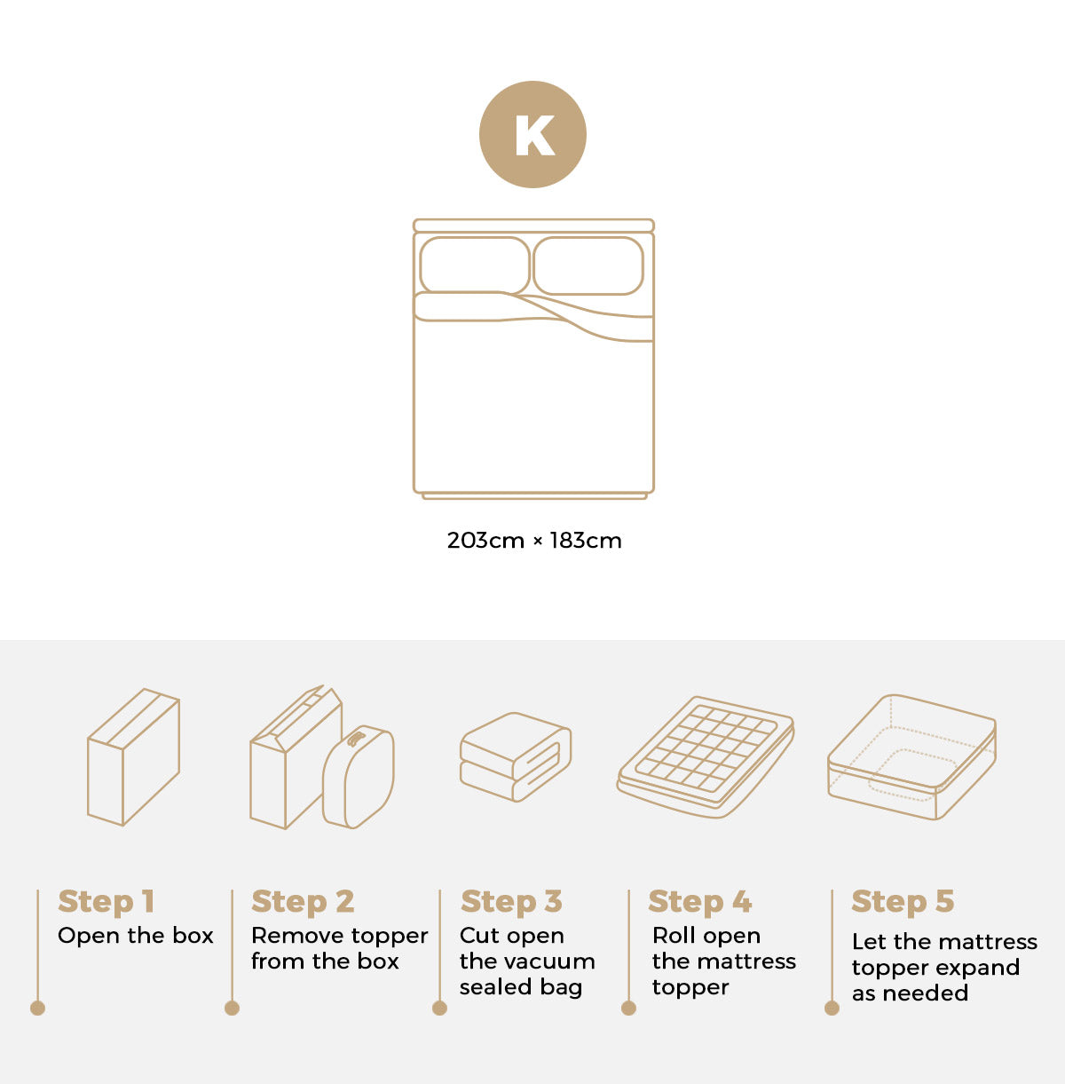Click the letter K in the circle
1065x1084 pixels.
coord(533,136)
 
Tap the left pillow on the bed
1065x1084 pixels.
coord(475,265)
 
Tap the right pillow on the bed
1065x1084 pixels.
coord(588,265)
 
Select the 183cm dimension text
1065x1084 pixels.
coord(585,541)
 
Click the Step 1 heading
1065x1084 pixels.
coord(106,902)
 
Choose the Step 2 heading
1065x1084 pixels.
coord(303,902)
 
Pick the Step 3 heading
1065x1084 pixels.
coord(511,902)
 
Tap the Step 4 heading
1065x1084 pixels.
coord(699,902)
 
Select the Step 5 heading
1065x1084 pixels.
coord(903,902)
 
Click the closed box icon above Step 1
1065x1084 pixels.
coord(133,757)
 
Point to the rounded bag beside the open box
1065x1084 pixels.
coord(359,778)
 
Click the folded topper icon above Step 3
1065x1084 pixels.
coord(515,757)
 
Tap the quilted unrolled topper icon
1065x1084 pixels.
coord(706,756)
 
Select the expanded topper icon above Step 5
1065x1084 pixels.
coord(911,757)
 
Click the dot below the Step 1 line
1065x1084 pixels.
coord(37,1008)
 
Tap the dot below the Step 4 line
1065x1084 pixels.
coord(628,1008)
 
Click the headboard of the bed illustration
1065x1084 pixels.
coord(533,226)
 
